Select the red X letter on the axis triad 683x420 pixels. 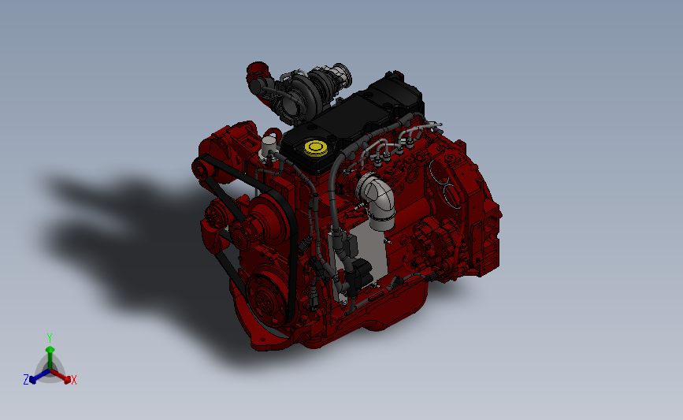pos(74,381)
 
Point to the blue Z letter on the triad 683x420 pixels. pos(26,380)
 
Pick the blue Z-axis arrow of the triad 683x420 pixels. pos(36,376)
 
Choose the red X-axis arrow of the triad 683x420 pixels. pos(64,376)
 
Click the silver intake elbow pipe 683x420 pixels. pos(376,197)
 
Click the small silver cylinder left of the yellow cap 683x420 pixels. pos(270,147)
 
